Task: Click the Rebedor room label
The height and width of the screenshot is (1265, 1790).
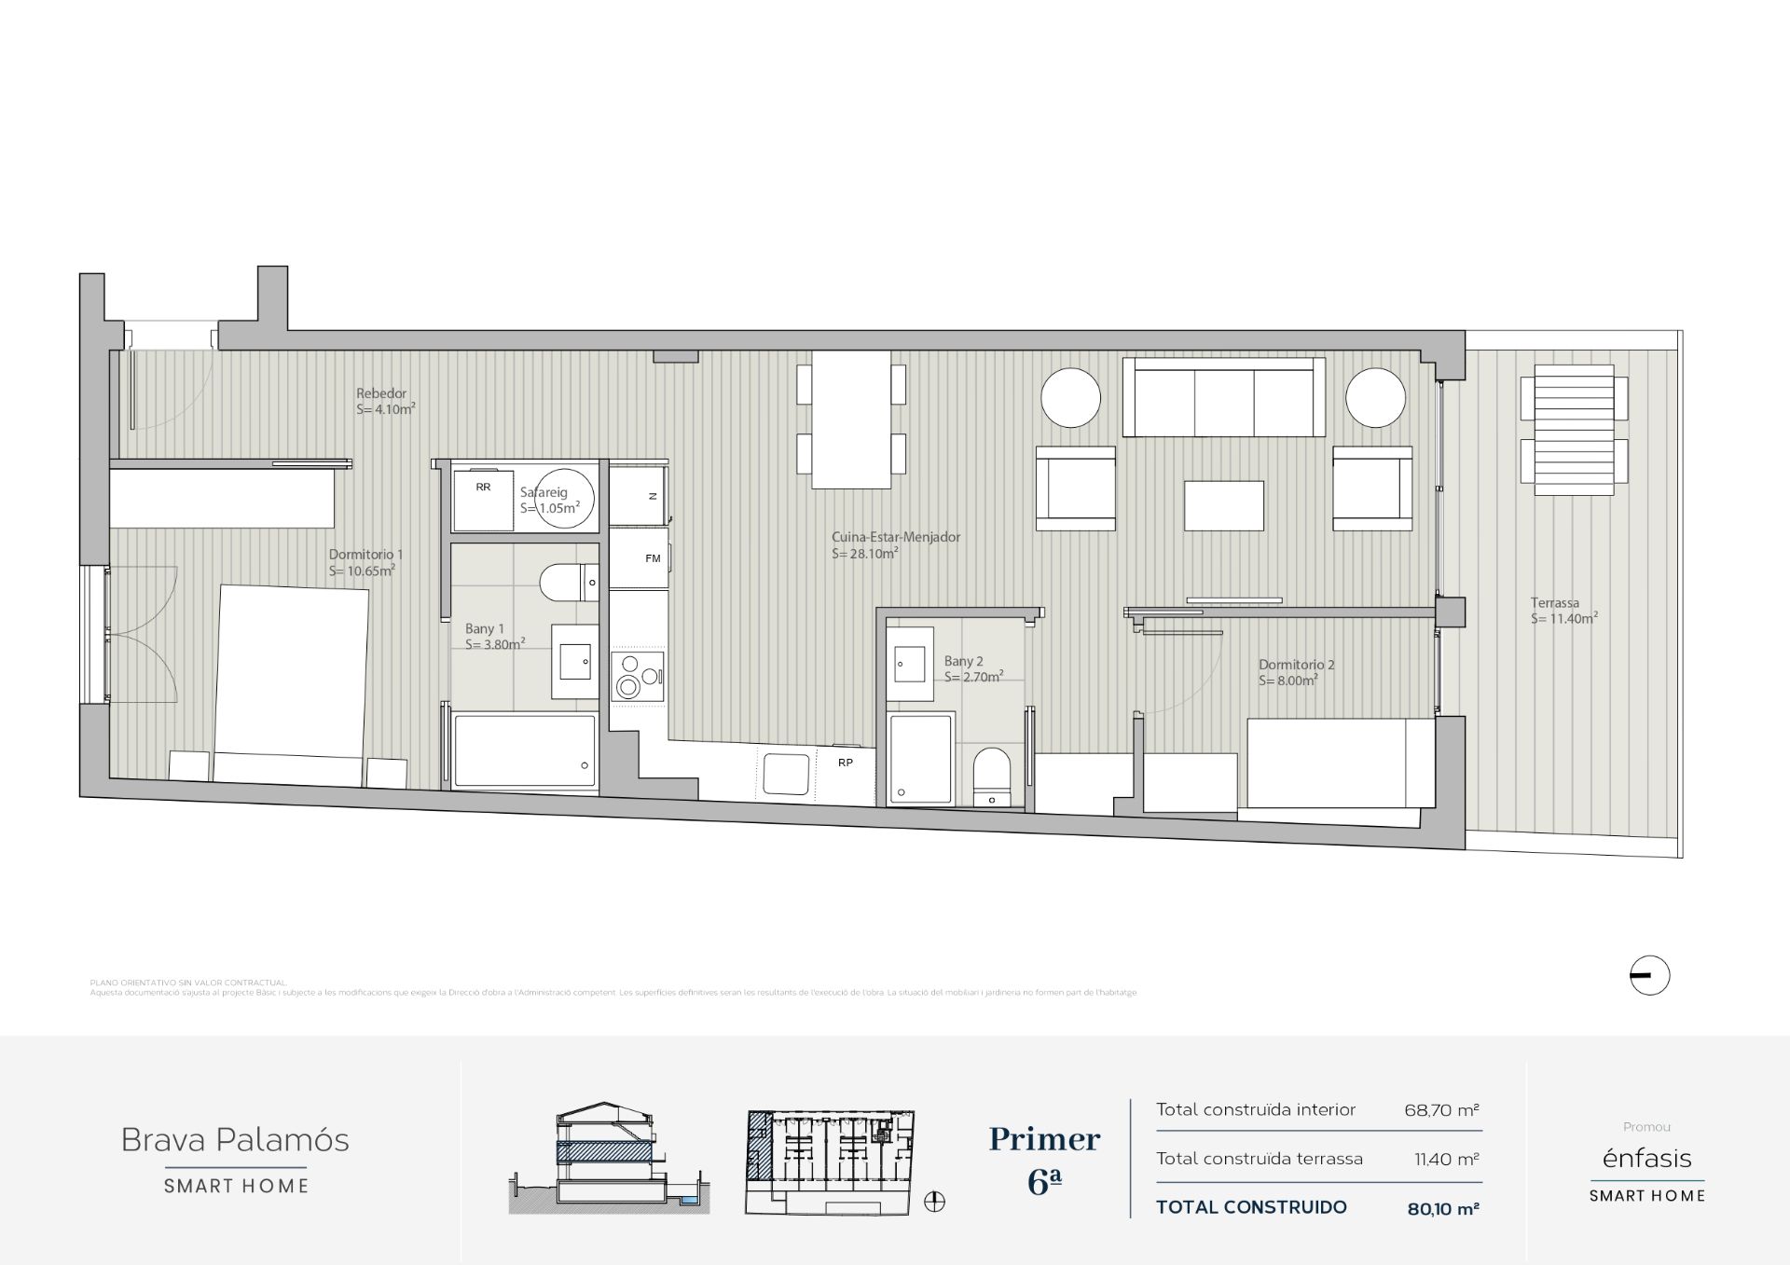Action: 381,393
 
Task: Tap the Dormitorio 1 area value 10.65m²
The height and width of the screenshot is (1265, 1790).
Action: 362,571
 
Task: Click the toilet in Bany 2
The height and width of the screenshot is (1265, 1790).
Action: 991,775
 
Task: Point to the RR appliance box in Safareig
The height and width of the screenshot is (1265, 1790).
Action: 483,500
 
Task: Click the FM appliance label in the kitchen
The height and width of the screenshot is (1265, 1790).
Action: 653,558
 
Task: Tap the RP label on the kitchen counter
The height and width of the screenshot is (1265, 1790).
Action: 846,763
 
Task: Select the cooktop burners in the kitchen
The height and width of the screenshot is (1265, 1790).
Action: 637,676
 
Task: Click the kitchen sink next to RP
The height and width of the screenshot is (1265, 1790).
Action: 786,774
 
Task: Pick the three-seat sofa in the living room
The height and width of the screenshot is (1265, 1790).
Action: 1224,398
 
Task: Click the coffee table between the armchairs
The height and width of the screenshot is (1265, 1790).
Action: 1224,505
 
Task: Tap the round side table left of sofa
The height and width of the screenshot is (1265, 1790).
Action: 1070,397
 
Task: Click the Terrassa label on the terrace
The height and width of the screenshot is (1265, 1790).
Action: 1554,602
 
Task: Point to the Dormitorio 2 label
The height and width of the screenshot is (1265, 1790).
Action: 1296,665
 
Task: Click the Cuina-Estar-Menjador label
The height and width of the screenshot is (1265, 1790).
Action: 895,537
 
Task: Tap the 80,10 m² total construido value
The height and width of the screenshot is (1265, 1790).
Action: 1442,1209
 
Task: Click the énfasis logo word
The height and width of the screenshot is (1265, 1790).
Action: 1646,1158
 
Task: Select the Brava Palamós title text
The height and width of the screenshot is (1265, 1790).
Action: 235,1139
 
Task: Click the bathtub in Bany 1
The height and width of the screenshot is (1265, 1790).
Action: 524,750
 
